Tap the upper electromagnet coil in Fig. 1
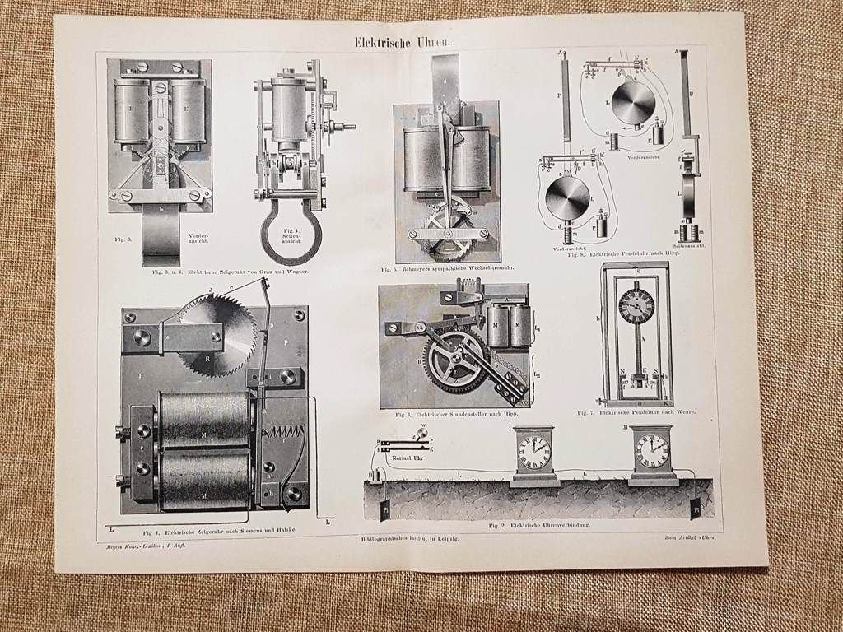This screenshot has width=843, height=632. tap(203, 417)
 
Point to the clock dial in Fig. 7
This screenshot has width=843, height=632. tap(636, 306)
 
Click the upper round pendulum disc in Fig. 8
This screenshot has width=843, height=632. tap(634, 102)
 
